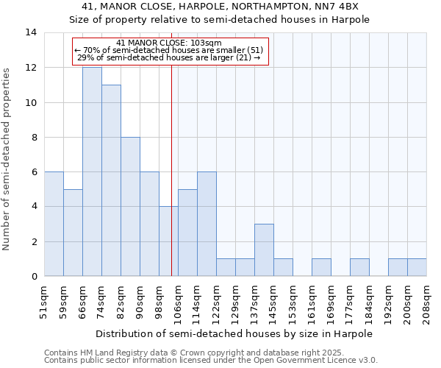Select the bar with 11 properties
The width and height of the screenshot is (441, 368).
pos(111,180)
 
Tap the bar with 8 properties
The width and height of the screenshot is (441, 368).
pos(130,207)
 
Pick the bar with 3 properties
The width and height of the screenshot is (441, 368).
pos(264,250)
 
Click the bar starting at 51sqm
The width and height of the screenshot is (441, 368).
pos(54,224)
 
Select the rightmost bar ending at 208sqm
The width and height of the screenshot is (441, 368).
pos(417,268)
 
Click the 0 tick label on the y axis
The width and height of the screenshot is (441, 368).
pos(34,277)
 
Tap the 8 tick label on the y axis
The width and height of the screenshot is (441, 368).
pos(34,138)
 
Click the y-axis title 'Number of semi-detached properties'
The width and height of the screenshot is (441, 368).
pos(7,158)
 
